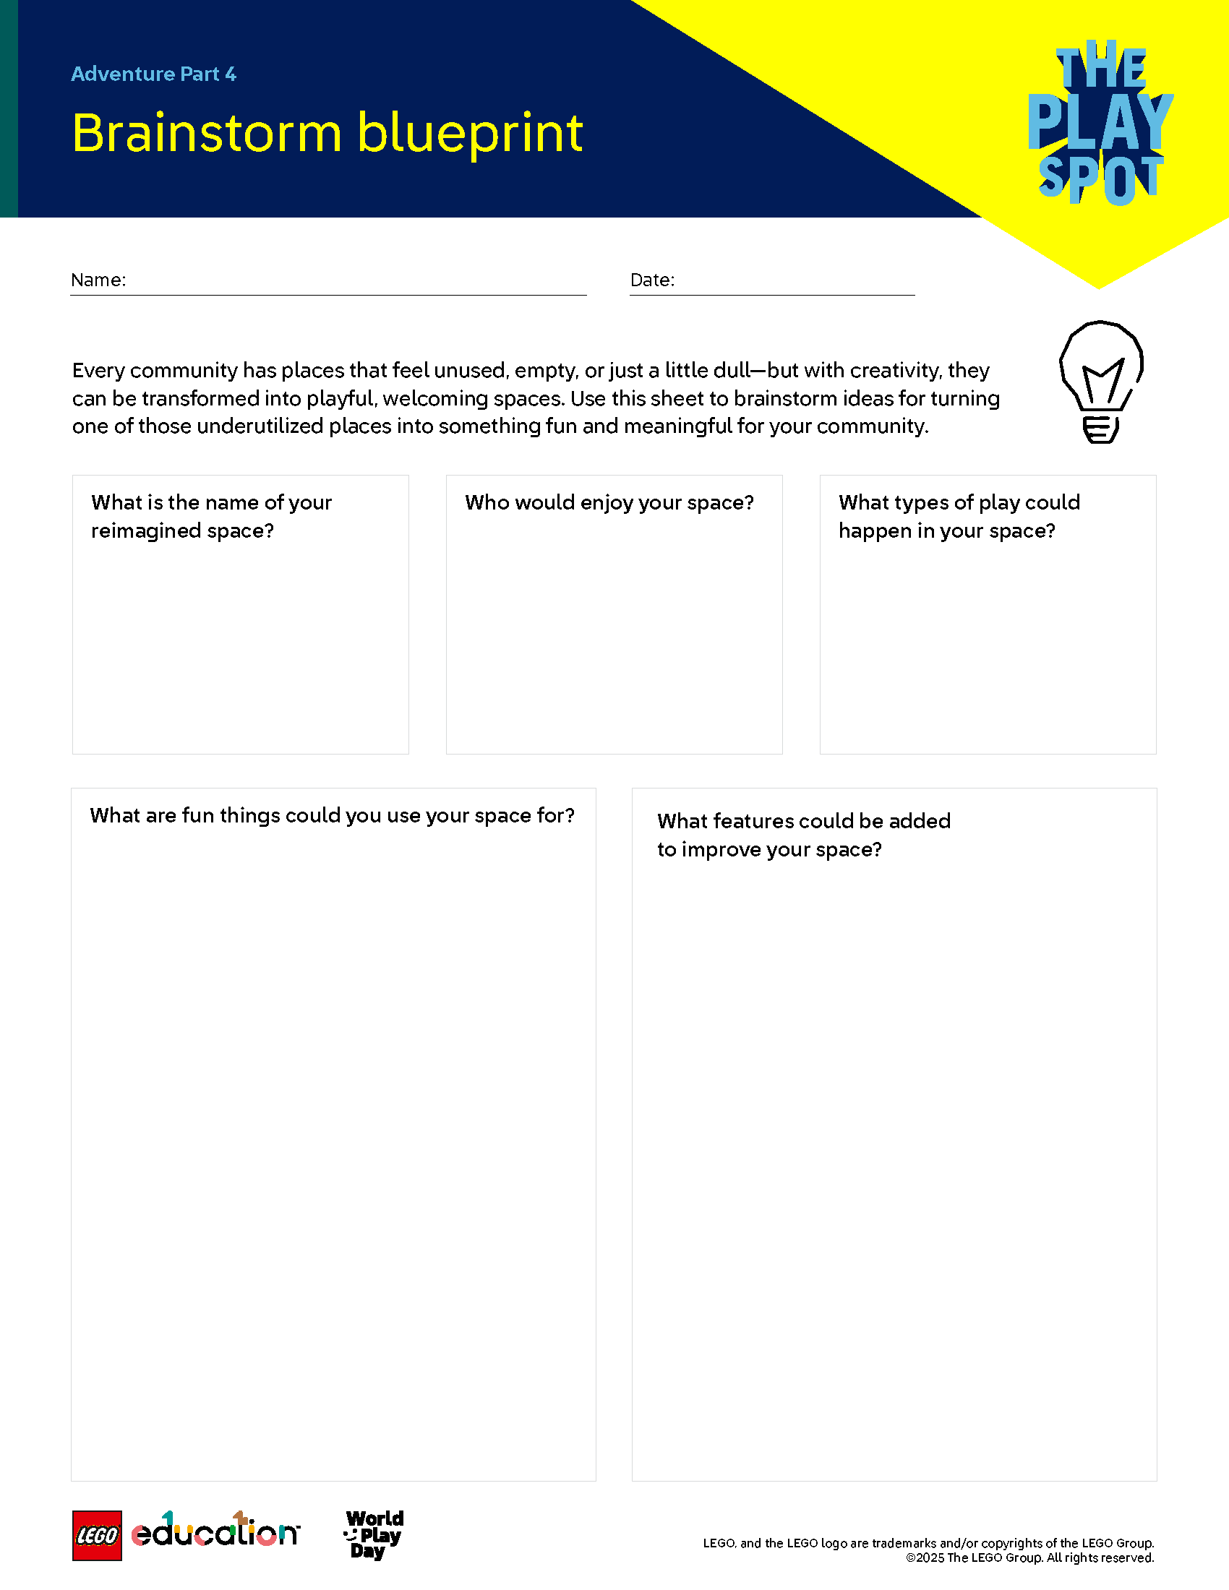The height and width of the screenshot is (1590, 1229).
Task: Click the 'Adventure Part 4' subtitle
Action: point(153,74)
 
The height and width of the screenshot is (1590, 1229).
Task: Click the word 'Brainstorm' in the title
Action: point(207,133)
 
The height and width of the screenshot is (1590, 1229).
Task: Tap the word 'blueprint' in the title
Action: point(470,134)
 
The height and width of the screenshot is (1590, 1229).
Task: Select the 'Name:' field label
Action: point(98,280)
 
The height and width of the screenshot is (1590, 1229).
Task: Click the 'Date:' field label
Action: point(652,280)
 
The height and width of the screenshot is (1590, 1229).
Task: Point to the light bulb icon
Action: point(1101,381)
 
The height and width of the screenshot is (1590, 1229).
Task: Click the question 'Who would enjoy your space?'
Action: point(609,503)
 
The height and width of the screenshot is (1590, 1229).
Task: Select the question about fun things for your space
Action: point(332,815)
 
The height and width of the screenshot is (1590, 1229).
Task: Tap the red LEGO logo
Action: point(97,1536)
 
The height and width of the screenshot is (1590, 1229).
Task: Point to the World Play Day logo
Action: point(374,1534)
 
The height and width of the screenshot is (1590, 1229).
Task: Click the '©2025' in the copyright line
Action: point(925,1558)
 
